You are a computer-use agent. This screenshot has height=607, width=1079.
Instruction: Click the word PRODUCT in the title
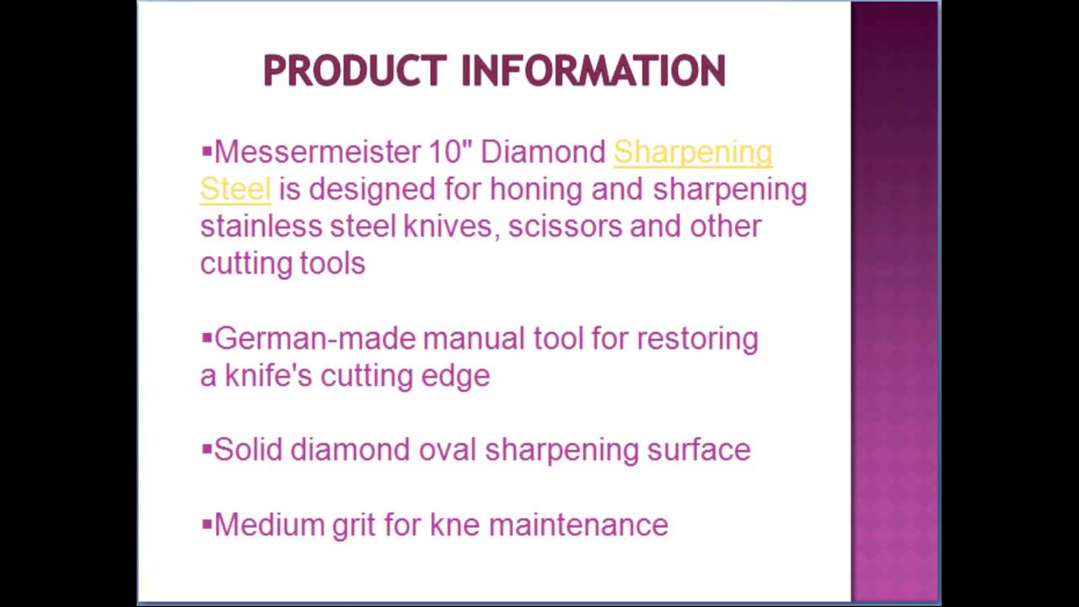pos(354,71)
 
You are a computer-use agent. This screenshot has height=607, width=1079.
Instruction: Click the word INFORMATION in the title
pos(593,71)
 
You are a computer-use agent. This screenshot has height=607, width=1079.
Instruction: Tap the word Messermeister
pos(317,153)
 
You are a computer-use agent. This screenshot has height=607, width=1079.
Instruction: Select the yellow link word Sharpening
pos(692,153)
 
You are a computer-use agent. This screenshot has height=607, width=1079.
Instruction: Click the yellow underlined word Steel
pos(235,190)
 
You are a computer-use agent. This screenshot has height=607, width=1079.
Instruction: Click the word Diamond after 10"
pos(543,153)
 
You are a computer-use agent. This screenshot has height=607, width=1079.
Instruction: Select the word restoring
pos(697,339)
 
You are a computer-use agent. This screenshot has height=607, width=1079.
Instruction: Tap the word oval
pos(448,450)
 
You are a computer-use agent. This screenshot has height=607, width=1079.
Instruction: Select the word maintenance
pos(578,525)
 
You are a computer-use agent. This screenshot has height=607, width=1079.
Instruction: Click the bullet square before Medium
pos(207,524)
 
